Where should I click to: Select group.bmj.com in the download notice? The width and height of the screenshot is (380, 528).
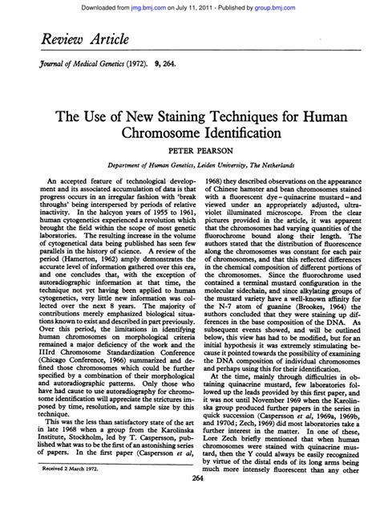[x=305, y=6]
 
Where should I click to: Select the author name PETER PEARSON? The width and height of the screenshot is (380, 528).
[x=190, y=160]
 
